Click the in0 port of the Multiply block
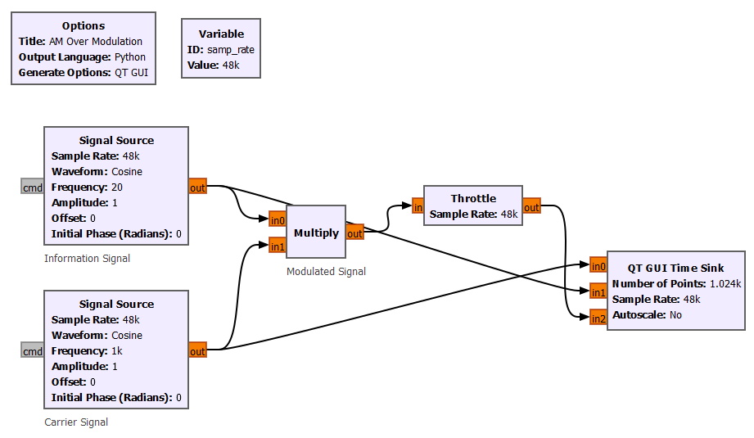(x=277, y=219)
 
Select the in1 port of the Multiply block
(x=277, y=245)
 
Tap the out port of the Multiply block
(x=354, y=233)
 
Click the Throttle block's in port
(x=418, y=207)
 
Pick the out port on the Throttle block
(x=532, y=207)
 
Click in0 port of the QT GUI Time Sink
(x=598, y=264)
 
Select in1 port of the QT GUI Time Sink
(x=598, y=291)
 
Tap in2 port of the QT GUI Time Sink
(x=598, y=318)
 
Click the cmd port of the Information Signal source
(x=33, y=187)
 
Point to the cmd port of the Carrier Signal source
(x=33, y=351)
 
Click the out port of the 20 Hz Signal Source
(x=197, y=187)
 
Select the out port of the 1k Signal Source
(x=197, y=351)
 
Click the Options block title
(x=83, y=25)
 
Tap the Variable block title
(x=221, y=34)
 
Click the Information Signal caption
(x=87, y=259)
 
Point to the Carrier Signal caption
(x=76, y=422)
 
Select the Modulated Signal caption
(x=326, y=272)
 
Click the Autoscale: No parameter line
(x=647, y=314)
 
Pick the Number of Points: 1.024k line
(x=676, y=283)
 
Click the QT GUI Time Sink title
(x=675, y=268)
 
